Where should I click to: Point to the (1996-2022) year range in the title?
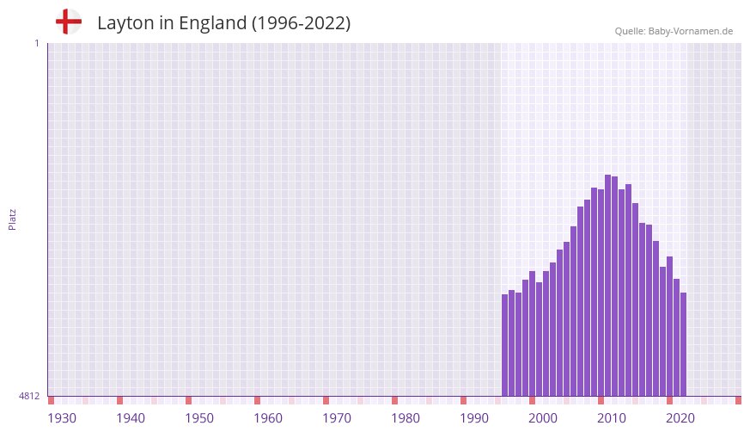(x=301, y=23)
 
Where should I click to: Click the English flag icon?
(x=68, y=22)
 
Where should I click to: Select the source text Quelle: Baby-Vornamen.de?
(x=674, y=31)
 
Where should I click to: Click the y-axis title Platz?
(x=12, y=219)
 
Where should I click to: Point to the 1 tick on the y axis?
(x=36, y=43)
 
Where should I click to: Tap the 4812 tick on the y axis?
(x=28, y=396)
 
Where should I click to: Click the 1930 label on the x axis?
(x=62, y=418)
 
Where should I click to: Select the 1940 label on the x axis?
(x=131, y=418)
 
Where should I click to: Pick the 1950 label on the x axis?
(x=199, y=418)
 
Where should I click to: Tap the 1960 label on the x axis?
(x=268, y=418)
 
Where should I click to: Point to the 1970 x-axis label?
(x=337, y=418)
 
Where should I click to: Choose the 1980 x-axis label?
(x=405, y=418)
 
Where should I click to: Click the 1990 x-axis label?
(x=474, y=418)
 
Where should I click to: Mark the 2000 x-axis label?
(x=543, y=418)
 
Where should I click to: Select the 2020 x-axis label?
(x=680, y=418)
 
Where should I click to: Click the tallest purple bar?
(x=607, y=285)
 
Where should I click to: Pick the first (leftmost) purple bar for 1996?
(x=505, y=345)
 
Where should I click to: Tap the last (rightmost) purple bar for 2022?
(x=683, y=344)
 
